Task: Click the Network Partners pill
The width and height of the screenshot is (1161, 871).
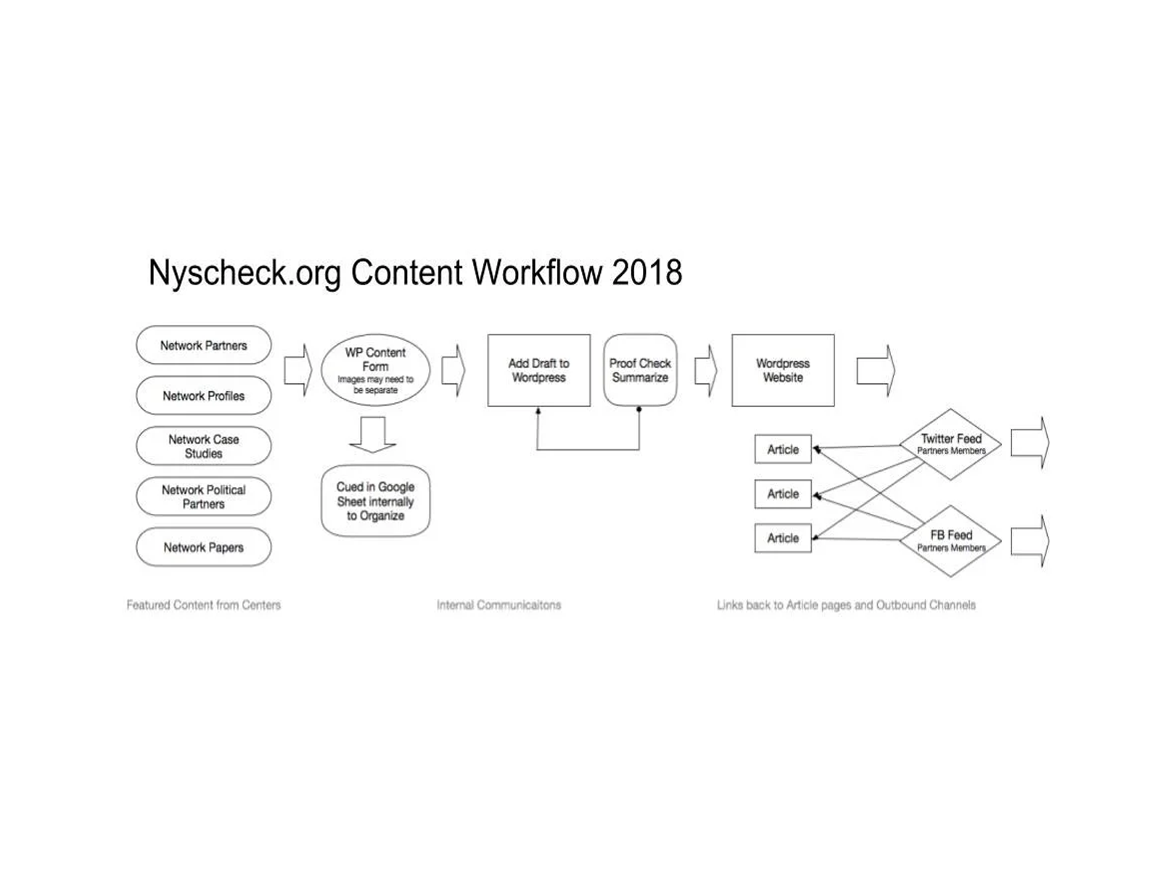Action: click(204, 345)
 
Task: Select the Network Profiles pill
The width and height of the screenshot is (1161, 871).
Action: click(204, 396)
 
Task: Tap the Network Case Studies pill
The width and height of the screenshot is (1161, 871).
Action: click(204, 446)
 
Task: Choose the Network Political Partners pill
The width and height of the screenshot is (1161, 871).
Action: click(204, 496)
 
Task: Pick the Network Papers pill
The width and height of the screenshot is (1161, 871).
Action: click(204, 547)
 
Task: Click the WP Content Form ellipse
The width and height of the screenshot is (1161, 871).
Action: click(375, 370)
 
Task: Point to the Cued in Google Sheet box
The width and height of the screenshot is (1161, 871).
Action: click(375, 501)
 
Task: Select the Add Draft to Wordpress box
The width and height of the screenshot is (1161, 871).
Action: click(539, 370)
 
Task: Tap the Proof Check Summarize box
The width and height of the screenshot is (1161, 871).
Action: click(640, 370)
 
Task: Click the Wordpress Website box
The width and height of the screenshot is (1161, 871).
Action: click(783, 370)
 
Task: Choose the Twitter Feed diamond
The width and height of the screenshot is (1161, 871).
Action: click(951, 444)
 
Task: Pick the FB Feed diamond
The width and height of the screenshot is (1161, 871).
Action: click(951, 541)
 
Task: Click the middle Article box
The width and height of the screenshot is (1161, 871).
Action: click(783, 494)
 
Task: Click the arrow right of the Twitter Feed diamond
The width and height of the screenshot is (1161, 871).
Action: click(1030, 443)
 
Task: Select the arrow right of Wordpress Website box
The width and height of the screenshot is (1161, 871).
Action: click(876, 370)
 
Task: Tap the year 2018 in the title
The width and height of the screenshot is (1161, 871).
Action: click(647, 272)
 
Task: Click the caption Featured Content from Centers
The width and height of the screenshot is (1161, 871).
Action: click(204, 605)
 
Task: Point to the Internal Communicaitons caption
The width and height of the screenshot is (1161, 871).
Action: click(499, 605)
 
